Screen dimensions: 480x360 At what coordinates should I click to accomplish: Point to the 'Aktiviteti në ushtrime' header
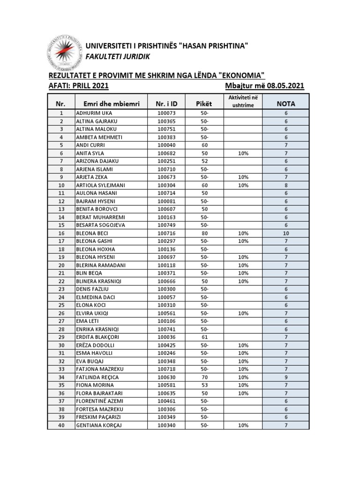(x=243, y=101)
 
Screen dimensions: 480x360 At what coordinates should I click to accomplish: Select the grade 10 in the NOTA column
(x=285, y=233)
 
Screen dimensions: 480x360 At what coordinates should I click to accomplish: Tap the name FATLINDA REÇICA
(x=97, y=377)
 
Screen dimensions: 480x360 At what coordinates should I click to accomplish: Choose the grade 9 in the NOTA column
(x=285, y=377)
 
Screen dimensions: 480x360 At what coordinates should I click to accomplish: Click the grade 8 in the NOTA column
(x=285, y=185)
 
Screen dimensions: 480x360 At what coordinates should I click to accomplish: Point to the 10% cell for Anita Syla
(x=243, y=153)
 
